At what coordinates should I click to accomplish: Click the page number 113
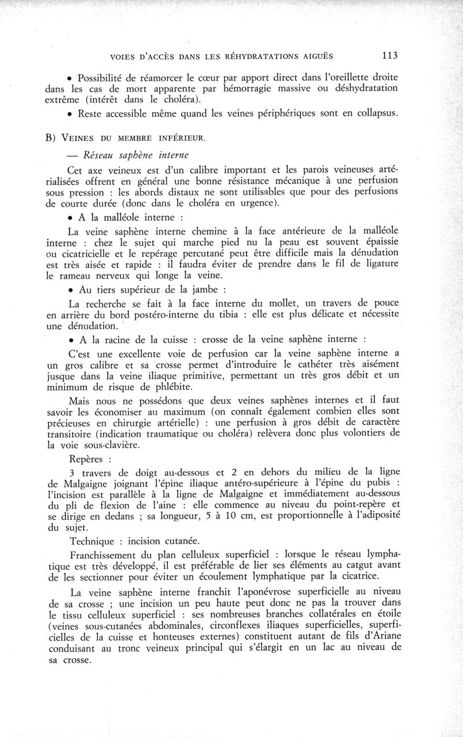coord(390,56)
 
